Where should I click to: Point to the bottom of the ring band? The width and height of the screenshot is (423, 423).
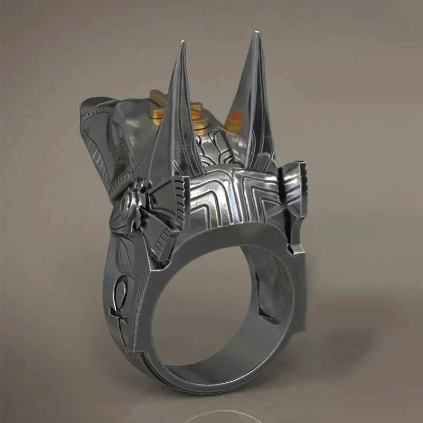click(212, 394)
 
